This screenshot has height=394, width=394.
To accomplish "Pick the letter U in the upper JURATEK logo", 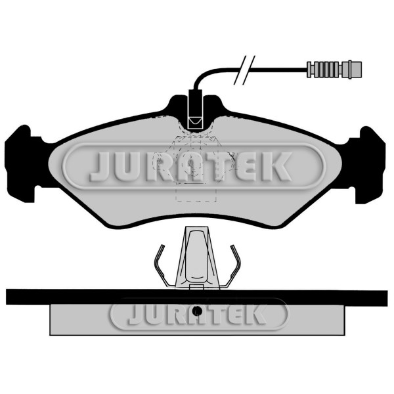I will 128,167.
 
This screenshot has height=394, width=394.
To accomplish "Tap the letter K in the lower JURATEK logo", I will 253,315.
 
